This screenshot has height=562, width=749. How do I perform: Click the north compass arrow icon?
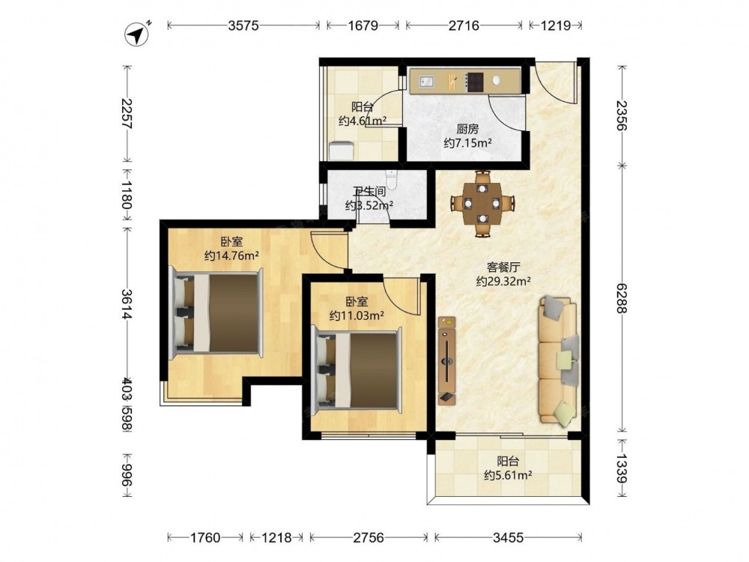137,34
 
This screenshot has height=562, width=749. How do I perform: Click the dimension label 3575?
243,25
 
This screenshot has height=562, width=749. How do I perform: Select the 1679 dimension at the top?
363,25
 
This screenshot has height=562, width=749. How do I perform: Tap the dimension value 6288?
621,298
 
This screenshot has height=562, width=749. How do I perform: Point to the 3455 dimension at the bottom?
509,537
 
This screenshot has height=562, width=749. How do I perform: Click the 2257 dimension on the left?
127,114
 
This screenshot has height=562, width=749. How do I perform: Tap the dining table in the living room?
482,204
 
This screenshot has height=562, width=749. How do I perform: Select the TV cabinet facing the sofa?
446,361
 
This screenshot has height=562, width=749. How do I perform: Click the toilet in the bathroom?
392,179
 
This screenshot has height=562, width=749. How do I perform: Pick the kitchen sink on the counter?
428,82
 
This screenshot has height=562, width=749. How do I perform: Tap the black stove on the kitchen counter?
475,82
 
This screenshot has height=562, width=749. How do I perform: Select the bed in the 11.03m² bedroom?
357,367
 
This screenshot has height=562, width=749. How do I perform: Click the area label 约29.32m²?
503,282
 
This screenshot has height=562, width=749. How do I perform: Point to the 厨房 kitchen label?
467,129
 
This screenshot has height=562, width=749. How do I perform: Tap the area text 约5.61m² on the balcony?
508,475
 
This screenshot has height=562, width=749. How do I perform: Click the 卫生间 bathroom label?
369,192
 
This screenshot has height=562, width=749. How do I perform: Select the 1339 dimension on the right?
621,469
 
